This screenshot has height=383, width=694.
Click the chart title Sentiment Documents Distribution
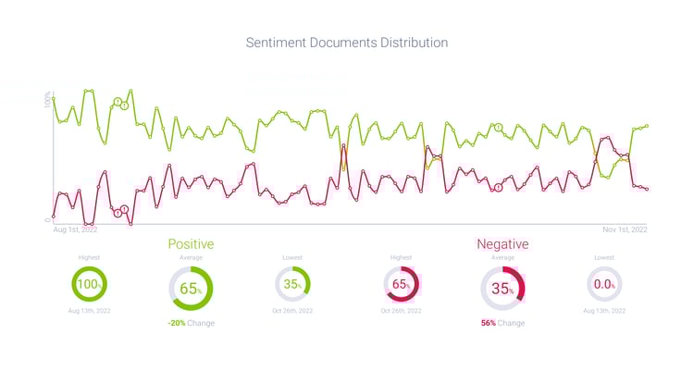point(346,43)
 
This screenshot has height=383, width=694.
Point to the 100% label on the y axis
point(48,100)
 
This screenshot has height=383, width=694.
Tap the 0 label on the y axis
point(48,219)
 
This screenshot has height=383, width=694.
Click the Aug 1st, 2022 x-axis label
point(74,229)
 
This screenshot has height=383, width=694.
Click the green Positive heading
point(191,244)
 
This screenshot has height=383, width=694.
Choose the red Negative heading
point(502,244)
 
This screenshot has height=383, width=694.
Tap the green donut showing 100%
point(90,284)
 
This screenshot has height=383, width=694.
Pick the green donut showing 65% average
point(191,289)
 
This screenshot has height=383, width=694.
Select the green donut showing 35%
point(292,284)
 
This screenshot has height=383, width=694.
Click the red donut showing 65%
point(402,284)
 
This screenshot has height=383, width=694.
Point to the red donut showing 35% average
point(502,289)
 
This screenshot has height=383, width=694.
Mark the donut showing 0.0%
point(604,284)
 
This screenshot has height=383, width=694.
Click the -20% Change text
point(191,323)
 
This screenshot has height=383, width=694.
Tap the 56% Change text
point(502,323)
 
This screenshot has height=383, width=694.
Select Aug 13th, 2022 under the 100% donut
point(90,312)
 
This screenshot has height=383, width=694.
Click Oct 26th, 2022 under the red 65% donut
point(402,312)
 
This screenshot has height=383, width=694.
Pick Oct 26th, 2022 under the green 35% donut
point(292,312)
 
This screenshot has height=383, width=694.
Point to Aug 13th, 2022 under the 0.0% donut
point(604,312)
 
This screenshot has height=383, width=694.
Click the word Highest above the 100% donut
point(90,257)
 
